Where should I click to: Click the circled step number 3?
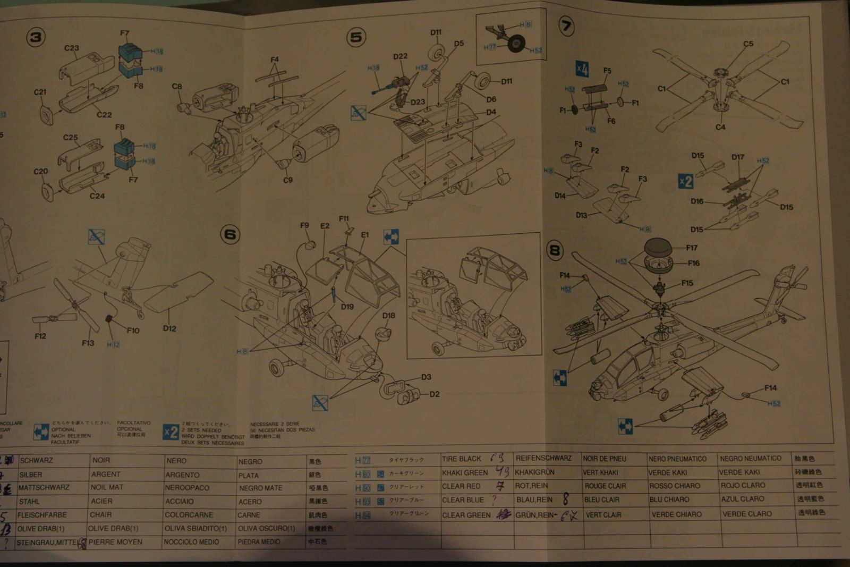pos(36,37)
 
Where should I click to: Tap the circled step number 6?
pos(230,235)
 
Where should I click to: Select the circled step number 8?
pos(555,250)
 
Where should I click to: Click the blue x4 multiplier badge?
pos(582,69)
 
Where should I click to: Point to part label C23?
pos(72,48)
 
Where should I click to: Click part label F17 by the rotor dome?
pos(692,248)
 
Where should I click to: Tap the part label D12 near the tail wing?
pos(169,328)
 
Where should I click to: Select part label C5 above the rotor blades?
pos(748,44)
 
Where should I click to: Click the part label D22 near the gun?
pos(400,56)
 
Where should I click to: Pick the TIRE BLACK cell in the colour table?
pos(461,459)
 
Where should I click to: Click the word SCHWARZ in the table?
pos(36,461)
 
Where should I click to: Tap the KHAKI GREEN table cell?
pos(464,472)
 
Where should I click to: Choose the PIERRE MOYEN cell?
pos(115,542)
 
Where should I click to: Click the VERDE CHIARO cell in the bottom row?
pos(676,514)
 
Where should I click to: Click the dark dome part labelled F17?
pos(658,247)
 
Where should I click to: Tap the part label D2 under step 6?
pos(434,394)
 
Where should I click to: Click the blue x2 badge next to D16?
pos(685,181)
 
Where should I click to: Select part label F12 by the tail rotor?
pos(40,336)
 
